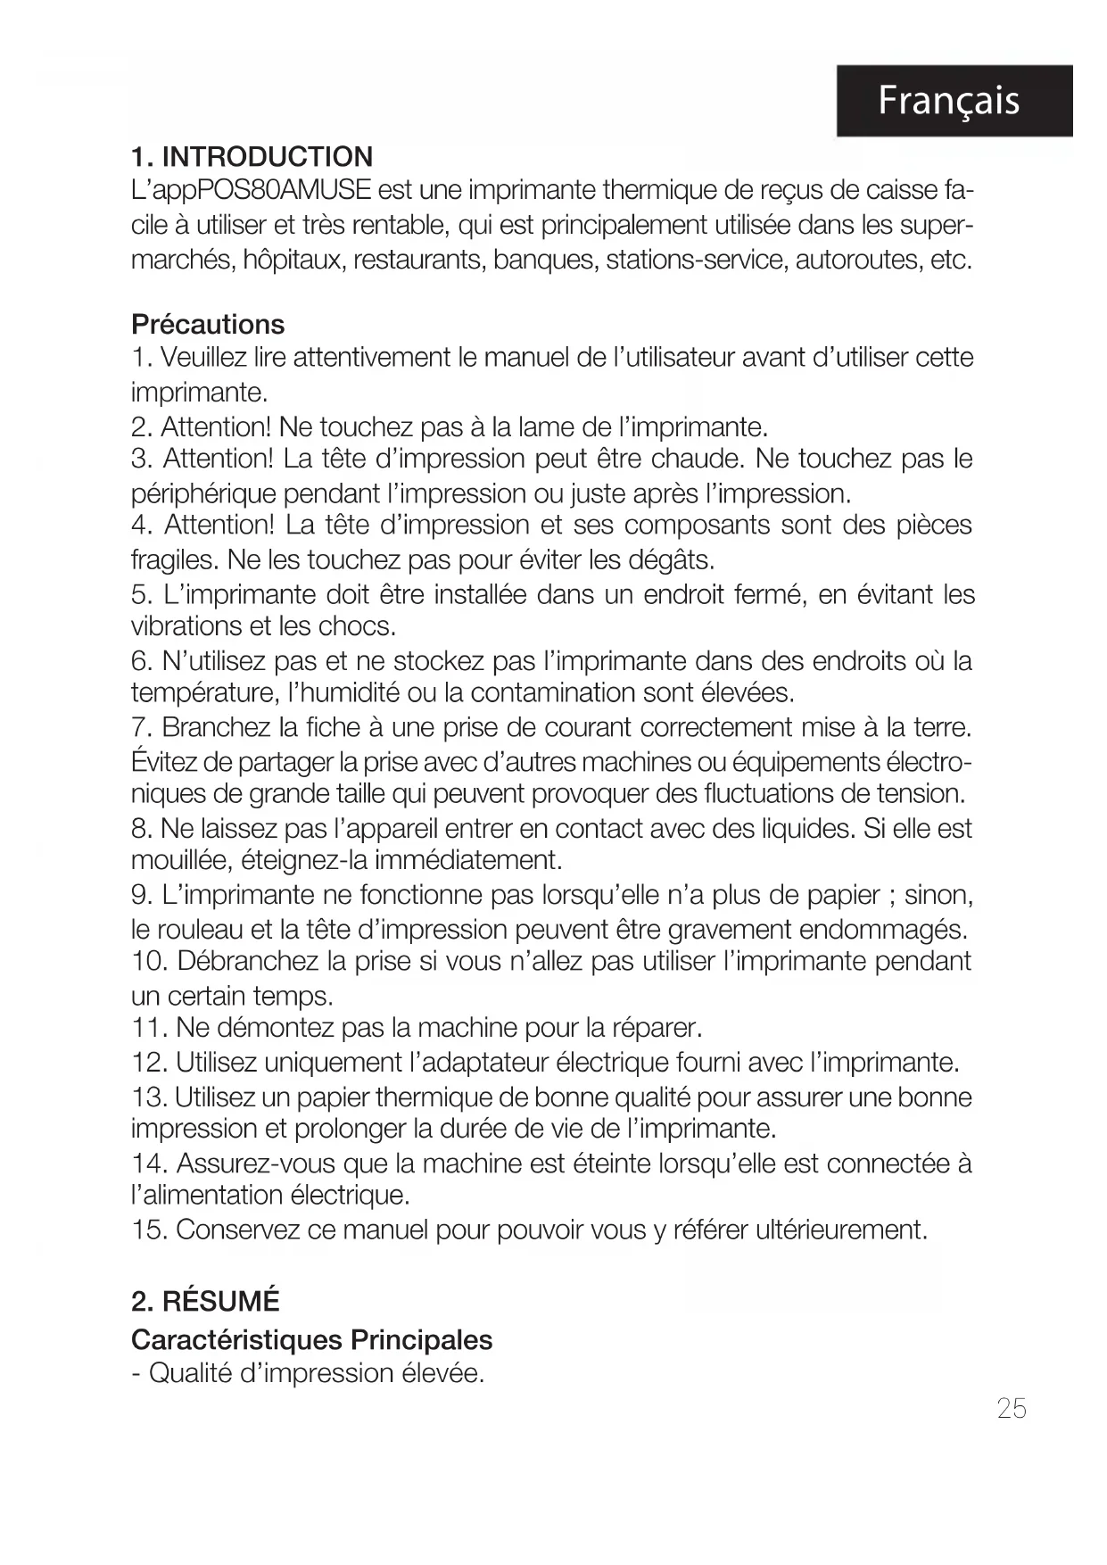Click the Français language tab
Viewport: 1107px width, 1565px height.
[x=953, y=101]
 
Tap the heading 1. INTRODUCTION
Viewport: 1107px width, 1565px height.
[x=252, y=157]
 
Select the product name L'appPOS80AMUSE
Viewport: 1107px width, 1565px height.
[x=250, y=192]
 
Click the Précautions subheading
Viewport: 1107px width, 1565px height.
[x=208, y=324]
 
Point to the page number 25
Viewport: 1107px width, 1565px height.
[x=1012, y=1409]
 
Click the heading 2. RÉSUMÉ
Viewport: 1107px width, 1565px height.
[x=205, y=1302]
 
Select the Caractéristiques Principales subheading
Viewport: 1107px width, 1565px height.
[x=311, y=1340]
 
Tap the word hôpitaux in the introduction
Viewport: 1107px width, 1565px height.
[x=286, y=261]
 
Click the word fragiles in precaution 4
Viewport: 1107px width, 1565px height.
[x=171, y=561]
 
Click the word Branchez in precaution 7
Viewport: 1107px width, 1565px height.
[x=217, y=728]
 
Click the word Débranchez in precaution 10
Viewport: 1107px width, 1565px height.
[x=247, y=962]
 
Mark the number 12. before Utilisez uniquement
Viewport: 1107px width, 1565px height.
[x=149, y=1063]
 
